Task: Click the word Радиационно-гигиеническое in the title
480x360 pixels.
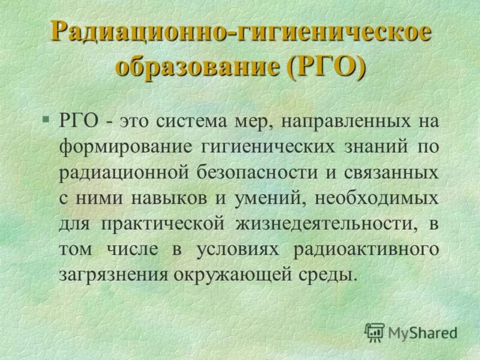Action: pyautogui.click(x=240, y=32)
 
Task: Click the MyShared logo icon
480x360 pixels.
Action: pyautogui.click(x=374, y=331)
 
